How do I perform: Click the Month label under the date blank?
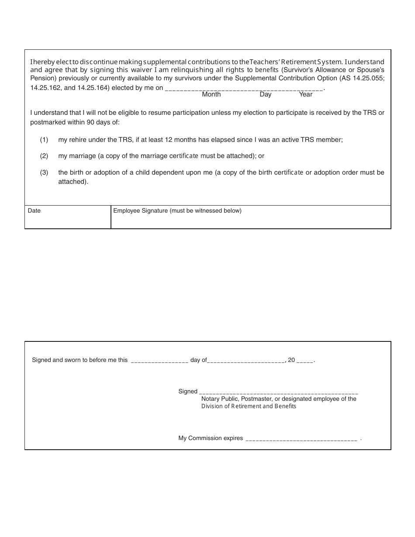pyautogui.click(x=211, y=94)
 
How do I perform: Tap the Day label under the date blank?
pyautogui.click(x=265, y=94)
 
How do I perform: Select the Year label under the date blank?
pyautogui.click(x=305, y=94)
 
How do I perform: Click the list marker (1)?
pyautogui.click(x=44, y=140)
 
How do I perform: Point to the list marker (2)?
pyautogui.click(x=44, y=156)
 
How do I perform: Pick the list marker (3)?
pyautogui.click(x=44, y=172)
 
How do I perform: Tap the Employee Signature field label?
pyautogui.click(x=177, y=211)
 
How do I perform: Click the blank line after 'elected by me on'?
pyautogui.click(x=244, y=89)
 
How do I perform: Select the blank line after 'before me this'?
pyautogui.click(x=159, y=361)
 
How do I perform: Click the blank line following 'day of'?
pyautogui.click(x=246, y=361)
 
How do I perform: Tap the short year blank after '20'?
pyautogui.click(x=305, y=361)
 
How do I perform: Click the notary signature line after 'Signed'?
pyautogui.click(x=278, y=392)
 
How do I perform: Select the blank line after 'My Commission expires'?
pyautogui.click(x=301, y=439)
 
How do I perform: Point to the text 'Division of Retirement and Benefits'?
pyautogui.click(x=249, y=406)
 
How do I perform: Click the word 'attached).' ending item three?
pyautogui.click(x=73, y=182)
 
